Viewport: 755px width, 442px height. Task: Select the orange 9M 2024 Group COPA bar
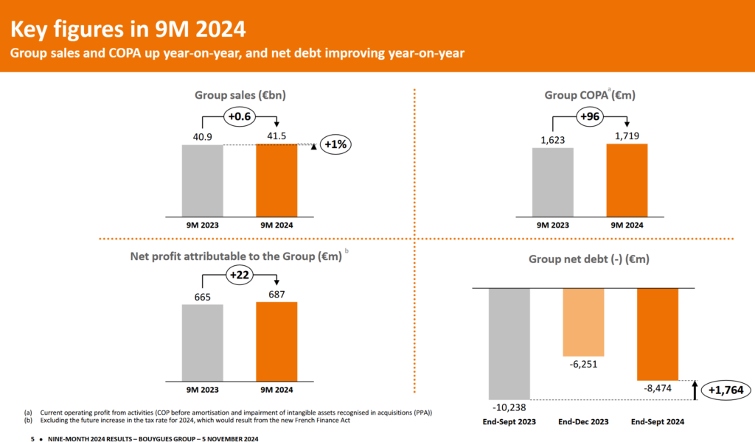[x=627, y=180]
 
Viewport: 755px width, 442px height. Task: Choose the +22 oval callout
[x=239, y=275]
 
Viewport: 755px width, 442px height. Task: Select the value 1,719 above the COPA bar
[x=627, y=136]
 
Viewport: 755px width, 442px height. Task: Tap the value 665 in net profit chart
[x=203, y=297]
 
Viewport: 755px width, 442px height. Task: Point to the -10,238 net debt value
[x=509, y=407]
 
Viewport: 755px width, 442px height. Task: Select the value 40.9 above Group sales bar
[x=203, y=137]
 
